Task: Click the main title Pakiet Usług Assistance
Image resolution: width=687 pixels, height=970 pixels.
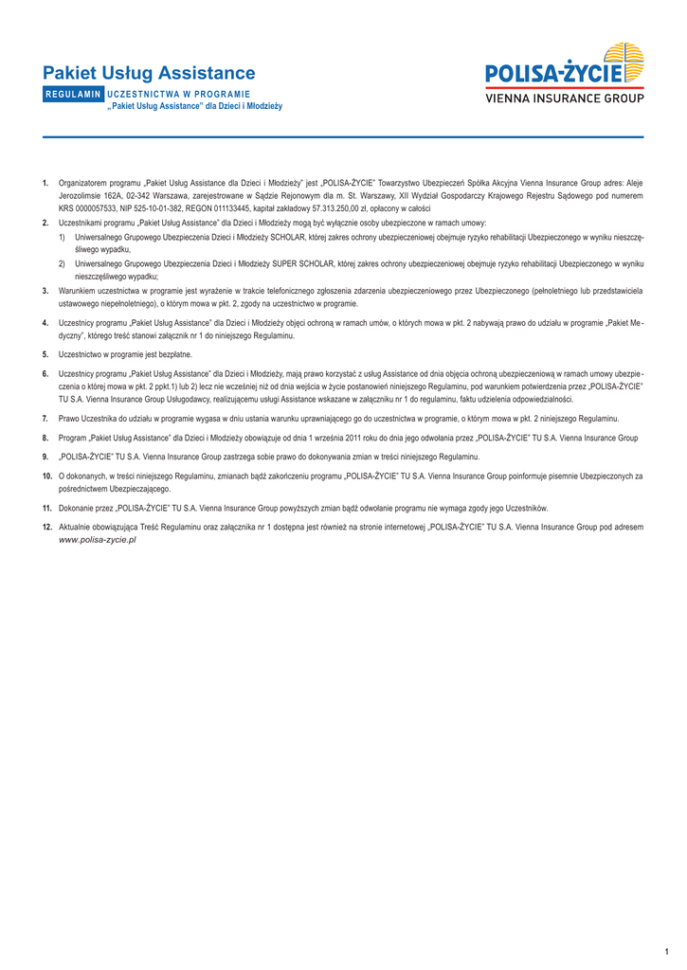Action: pos(149,73)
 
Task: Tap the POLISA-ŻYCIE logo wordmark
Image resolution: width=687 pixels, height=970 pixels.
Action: pos(554,72)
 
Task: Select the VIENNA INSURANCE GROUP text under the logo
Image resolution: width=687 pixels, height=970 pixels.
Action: pos(565,98)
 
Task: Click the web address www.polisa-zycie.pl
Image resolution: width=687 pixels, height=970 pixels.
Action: pos(98,538)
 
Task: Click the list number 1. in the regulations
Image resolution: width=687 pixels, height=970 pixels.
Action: pos(45,182)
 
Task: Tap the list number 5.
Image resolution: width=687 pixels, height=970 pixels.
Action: pos(45,354)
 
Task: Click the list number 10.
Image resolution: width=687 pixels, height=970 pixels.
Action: pos(46,476)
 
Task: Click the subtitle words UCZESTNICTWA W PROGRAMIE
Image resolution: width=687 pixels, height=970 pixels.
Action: pos(179,95)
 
